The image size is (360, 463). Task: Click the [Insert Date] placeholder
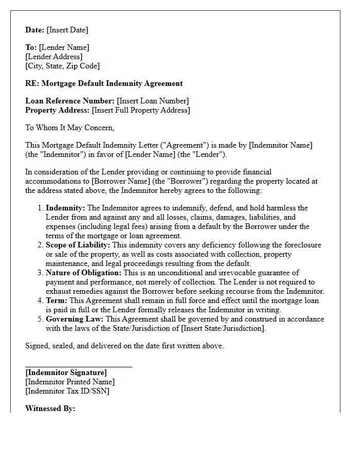click(x=67, y=30)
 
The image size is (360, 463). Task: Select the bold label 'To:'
click(x=31, y=47)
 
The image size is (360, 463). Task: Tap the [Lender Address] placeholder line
click(x=54, y=57)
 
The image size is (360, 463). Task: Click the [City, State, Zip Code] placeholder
click(x=62, y=66)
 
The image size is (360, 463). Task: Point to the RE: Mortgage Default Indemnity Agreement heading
click(x=104, y=83)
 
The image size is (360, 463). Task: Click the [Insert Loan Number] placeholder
click(x=153, y=101)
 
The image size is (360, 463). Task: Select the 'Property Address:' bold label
click(x=57, y=110)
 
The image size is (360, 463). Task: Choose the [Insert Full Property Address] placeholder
click(x=140, y=110)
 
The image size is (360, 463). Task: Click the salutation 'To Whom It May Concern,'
click(x=70, y=128)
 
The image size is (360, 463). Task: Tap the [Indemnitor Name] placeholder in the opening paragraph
click(x=280, y=145)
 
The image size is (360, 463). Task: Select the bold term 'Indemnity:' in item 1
click(x=66, y=208)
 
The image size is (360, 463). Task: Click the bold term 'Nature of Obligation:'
click(x=83, y=273)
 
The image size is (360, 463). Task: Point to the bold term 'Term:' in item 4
click(x=57, y=300)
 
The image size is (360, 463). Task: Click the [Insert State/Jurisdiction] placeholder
click(x=223, y=328)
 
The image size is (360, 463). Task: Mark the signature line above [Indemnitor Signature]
click(x=79, y=366)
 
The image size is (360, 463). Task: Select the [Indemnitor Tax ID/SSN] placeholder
click(x=67, y=391)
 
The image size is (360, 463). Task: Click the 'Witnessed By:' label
click(x=50, y=408)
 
